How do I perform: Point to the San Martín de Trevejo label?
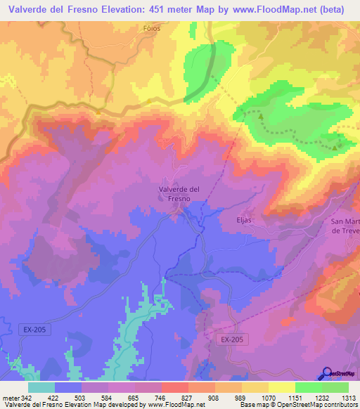pyautogui.click(x=345, y=226)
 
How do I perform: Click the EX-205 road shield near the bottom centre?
pyautogui.click(x=231, y=339)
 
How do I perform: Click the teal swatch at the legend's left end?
pyautogui.click(x=41, y=387)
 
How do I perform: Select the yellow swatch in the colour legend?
pyautogui.click(x=281, y=387)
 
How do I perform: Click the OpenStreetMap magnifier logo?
pyautogui.click(x=327, y=374)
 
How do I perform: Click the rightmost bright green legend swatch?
pyautogui.click(x=335, y=387)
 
